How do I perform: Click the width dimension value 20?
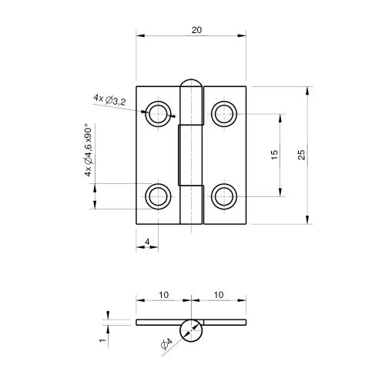coord(197,29)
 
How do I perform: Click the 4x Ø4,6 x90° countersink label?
coord(89,151)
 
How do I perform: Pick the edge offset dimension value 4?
coord(146,242)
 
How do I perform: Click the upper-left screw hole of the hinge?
coord(159,114)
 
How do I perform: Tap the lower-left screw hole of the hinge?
coord(159,196)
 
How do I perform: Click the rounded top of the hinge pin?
coord(192,84)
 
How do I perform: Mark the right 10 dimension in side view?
coord(219,295)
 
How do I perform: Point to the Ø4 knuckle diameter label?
coord(166,346)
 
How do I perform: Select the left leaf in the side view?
coord(159,322)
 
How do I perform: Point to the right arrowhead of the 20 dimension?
coord(244,35)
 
